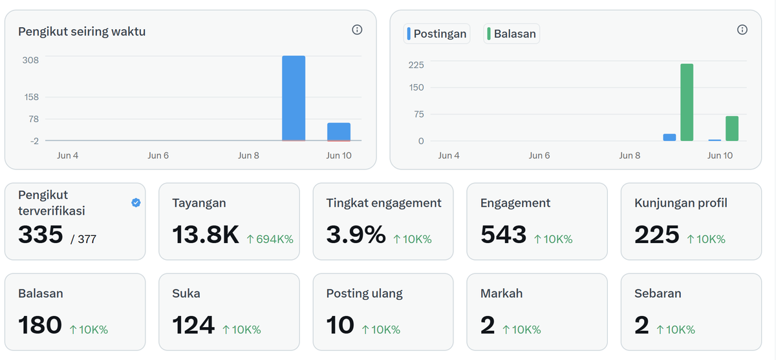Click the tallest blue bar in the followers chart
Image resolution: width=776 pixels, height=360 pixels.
coord(294,98)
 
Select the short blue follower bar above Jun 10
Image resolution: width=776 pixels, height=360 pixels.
coord(339,132)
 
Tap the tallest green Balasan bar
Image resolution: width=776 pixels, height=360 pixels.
coord(687,103)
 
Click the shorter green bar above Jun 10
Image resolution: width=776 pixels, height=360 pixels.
coord(732,129)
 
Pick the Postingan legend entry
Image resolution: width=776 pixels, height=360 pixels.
coord(436,34)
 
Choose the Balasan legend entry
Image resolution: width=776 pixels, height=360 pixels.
coord(512,34)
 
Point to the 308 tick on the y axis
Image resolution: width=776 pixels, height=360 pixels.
coord(30,60)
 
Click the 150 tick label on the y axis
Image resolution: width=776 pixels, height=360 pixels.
coord(416,87)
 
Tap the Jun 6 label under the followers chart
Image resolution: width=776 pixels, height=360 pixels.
coord(158,155)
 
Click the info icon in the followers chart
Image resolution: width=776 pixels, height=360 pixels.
coord(357,30)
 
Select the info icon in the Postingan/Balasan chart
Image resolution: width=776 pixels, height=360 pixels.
coord(742,30)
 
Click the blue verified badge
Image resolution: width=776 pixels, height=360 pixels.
coord(136,202)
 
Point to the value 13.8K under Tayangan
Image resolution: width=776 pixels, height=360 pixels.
coord(206,235)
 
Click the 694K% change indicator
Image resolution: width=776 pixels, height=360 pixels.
coord(270,239)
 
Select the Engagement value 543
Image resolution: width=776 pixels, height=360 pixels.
coord(503,235)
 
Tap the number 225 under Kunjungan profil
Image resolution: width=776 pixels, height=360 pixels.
coord(657,235)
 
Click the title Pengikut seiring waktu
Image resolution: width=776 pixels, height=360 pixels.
coord(81,32)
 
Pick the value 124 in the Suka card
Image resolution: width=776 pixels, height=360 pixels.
coord(193,325)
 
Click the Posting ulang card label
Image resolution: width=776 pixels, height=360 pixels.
coord(365,293)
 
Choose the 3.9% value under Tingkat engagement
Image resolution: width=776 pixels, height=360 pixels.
coord(356,235)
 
